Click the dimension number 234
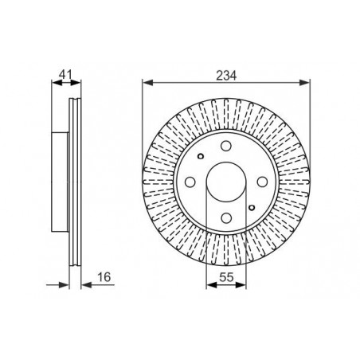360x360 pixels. click(226, 76)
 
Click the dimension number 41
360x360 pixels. click(65, 75)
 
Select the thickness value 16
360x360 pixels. click(104, 277)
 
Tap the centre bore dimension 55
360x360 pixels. click(226, 277)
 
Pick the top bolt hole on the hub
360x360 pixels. click(226, 146)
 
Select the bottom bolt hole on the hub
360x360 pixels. click(226, 218)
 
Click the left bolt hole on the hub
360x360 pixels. click(190, 182)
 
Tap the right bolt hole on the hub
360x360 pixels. click(262, 182)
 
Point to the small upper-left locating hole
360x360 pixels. click(201, 156)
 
